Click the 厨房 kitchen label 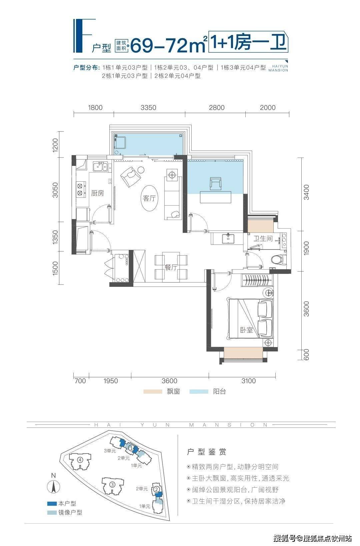[97, 193]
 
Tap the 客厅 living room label [149, 198]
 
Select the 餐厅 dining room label [171, 268]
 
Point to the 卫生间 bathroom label [263, 239]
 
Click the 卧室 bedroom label [247, 330]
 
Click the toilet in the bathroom [279, 259]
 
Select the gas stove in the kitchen [80, 190]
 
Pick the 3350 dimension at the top [148, 108]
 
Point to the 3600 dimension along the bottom [169, 380]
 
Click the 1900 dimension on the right [306, 249]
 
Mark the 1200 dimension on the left [55, 145]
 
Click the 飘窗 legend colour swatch [153, 391]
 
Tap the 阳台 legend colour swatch [199, 391]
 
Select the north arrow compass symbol [53, 487]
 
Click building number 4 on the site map [80, 460]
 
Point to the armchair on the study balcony [216, 183]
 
